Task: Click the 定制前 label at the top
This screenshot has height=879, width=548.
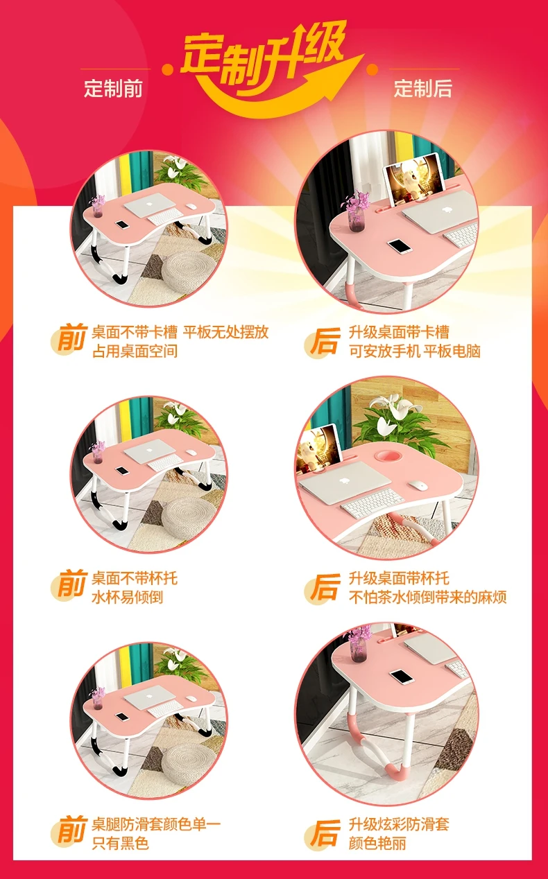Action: click(x=113, y=88)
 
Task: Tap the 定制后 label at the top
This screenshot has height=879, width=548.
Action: click(x=422, y=88)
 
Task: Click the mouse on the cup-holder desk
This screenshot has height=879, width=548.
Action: click(x=418, y=485)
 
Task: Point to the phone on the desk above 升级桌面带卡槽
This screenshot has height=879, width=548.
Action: click(x=400, y=246)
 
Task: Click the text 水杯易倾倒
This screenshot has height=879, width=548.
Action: click(x=127, y=598)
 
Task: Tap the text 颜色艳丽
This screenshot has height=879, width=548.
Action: click(x=377, y=842)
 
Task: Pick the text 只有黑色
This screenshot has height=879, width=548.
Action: click(x=120, y=842)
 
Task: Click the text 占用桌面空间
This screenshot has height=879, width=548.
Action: click(x=135, y=351)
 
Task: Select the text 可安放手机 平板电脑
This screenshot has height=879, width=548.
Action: click(x=415, y=351)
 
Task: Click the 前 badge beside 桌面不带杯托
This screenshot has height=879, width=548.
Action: click(x=70, y=586)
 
